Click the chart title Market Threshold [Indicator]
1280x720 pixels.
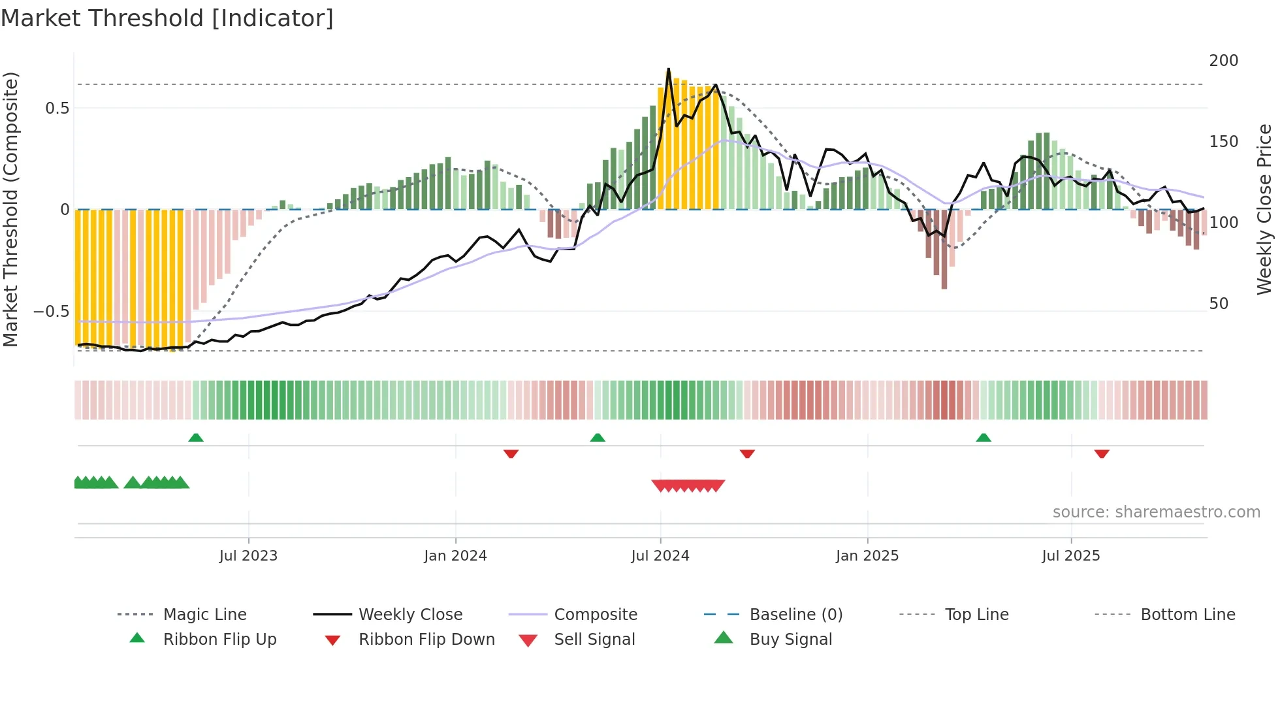click(167, 18)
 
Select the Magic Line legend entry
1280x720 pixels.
click(204, 615)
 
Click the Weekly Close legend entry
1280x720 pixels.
click(410, 615)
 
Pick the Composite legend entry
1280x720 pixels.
click(595, 615)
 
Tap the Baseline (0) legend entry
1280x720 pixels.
click(795, 615)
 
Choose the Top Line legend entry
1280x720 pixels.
click(976, 615)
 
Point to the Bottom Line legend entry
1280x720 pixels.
click(1187, 615)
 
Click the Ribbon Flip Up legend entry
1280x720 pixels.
click(219, 640)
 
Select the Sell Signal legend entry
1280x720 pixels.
click(594, 640)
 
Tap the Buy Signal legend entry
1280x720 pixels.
click(790, 640)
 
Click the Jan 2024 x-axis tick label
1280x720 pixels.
click(455, 556)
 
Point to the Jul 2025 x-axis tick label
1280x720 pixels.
click(1070, 556)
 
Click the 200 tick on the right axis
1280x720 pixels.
click(1223, 61)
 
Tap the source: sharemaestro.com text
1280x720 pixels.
click(1156, 512)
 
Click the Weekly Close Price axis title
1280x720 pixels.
click(1264, 209)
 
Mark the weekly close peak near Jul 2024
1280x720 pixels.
click(668, 69)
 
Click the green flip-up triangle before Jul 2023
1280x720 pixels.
click(196, 438)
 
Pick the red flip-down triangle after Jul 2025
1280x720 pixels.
click(1102, 453)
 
